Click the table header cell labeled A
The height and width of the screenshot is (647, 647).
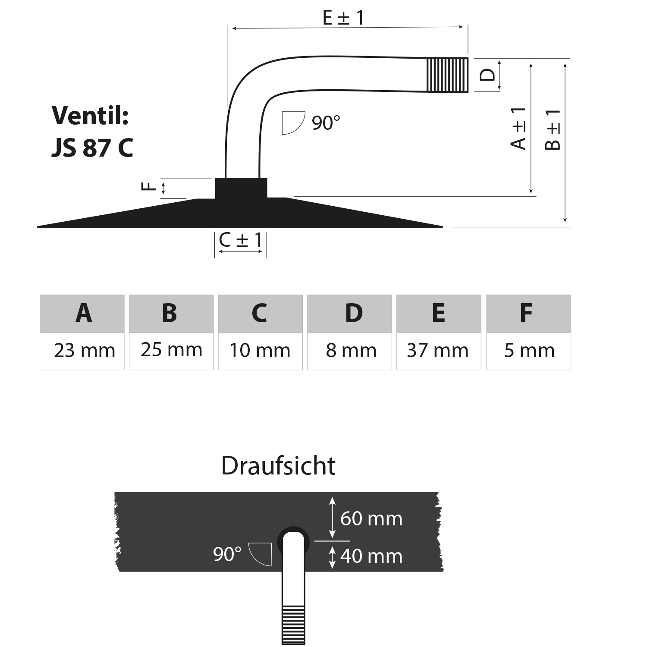[82, 314]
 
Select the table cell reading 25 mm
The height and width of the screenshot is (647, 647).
[171, 351]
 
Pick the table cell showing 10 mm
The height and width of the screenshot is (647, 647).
[260, 351]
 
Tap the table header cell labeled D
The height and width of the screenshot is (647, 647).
[349, 314]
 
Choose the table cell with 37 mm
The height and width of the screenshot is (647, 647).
[439, 351]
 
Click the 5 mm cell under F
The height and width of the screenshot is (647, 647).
[529, 351]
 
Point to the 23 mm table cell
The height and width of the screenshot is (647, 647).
[82, 351]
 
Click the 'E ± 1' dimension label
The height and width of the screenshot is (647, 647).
[343, 18]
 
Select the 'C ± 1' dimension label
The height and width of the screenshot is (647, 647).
[241, 240]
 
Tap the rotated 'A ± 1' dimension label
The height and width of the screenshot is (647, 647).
[518, 128]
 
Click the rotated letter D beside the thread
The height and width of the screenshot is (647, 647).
[487, 75]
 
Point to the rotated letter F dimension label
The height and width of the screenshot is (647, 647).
[148, 187]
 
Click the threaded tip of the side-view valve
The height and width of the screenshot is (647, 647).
[447, 75]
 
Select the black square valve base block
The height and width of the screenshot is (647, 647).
[241, 188]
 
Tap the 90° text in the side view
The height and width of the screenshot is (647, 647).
[326, 123]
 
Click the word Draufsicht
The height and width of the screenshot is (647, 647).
[278, 466]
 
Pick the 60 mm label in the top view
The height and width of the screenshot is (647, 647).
[371, 518]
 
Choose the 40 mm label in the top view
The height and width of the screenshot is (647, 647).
[371, 556]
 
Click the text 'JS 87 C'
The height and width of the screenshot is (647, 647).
[92, 148]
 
